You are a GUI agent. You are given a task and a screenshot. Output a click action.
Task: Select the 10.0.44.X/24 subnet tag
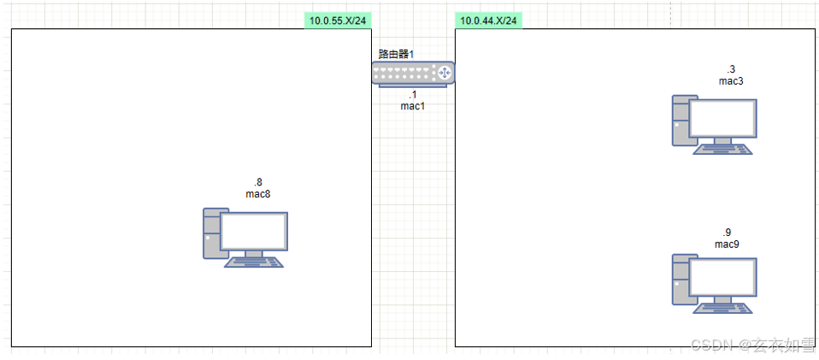point(488,21)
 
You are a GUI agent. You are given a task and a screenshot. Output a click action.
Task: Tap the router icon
point(413,73)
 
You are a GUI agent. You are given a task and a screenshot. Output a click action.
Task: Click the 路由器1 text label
point(396,54)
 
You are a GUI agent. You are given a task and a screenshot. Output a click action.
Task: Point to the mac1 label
point(412,106)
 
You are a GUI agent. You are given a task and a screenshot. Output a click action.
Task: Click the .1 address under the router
point(412,95)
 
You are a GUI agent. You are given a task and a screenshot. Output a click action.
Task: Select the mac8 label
point(257,194)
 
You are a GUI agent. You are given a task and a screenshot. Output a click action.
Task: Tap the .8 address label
point(257,183)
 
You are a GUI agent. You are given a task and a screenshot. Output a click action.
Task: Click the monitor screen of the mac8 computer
point(253,230)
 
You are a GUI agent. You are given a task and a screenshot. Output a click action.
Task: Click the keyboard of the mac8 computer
point(254,262)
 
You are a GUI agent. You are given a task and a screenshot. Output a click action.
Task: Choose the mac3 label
point(731,81)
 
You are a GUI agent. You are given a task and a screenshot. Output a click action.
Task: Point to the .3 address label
point(731,69)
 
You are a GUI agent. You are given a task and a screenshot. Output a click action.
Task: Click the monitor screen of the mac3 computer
point(722,118)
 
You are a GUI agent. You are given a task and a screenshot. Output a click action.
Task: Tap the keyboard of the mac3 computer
point(723,149)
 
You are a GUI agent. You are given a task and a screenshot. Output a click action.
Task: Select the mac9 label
point(727,245)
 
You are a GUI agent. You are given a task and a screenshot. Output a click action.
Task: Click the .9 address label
point(727,233)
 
